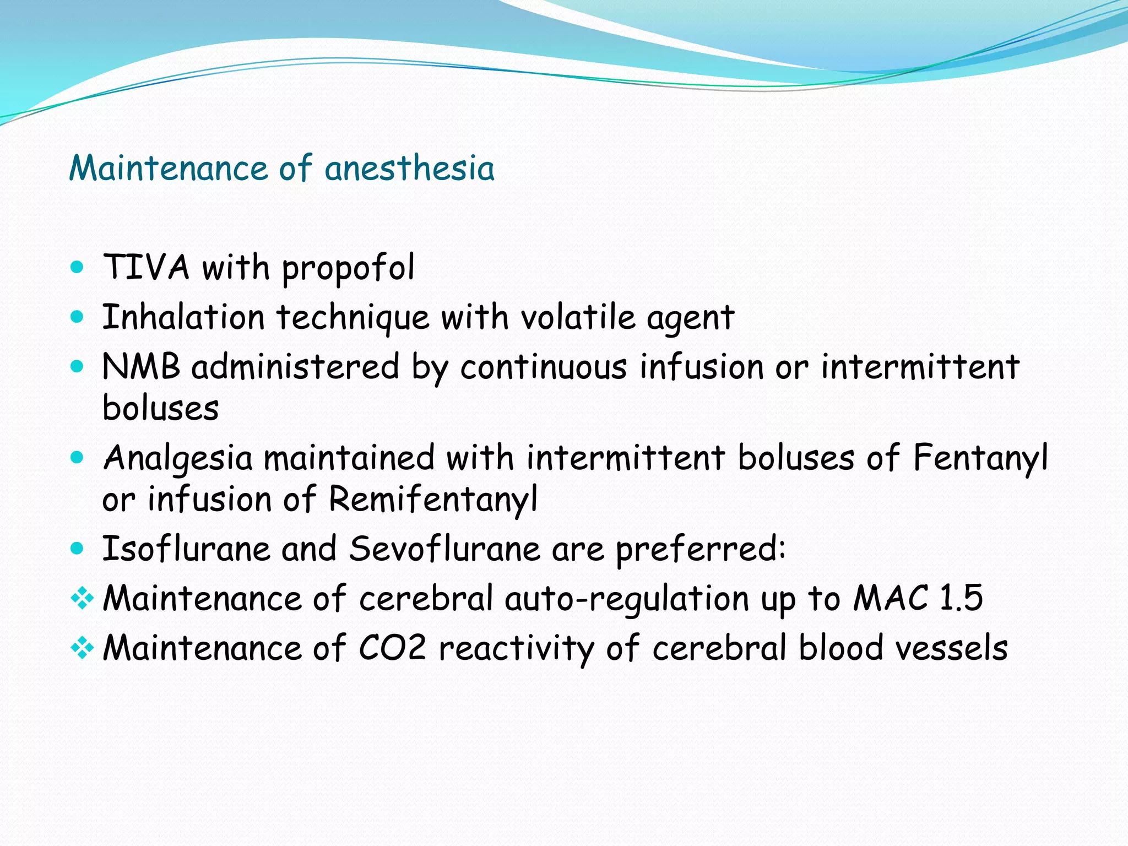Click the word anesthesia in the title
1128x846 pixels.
[x=409, y=168]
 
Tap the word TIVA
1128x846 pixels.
[x=146, y=268]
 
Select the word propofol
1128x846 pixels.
[x=348, y=269]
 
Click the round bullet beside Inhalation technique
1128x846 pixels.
[x=78, y=317]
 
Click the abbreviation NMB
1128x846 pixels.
[x=141, y=366]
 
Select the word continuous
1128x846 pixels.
[x=543, y=367]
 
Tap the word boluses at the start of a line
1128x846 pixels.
[x=161, y=408]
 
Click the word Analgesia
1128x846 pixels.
[x=178, y=458]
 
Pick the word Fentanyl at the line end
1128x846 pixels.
[x=980, y=458]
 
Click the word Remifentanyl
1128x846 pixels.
[x=433, y=500]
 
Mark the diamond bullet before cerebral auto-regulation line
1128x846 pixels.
[x=82, y=598]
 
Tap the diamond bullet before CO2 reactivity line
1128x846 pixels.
[x=82, y=648]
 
